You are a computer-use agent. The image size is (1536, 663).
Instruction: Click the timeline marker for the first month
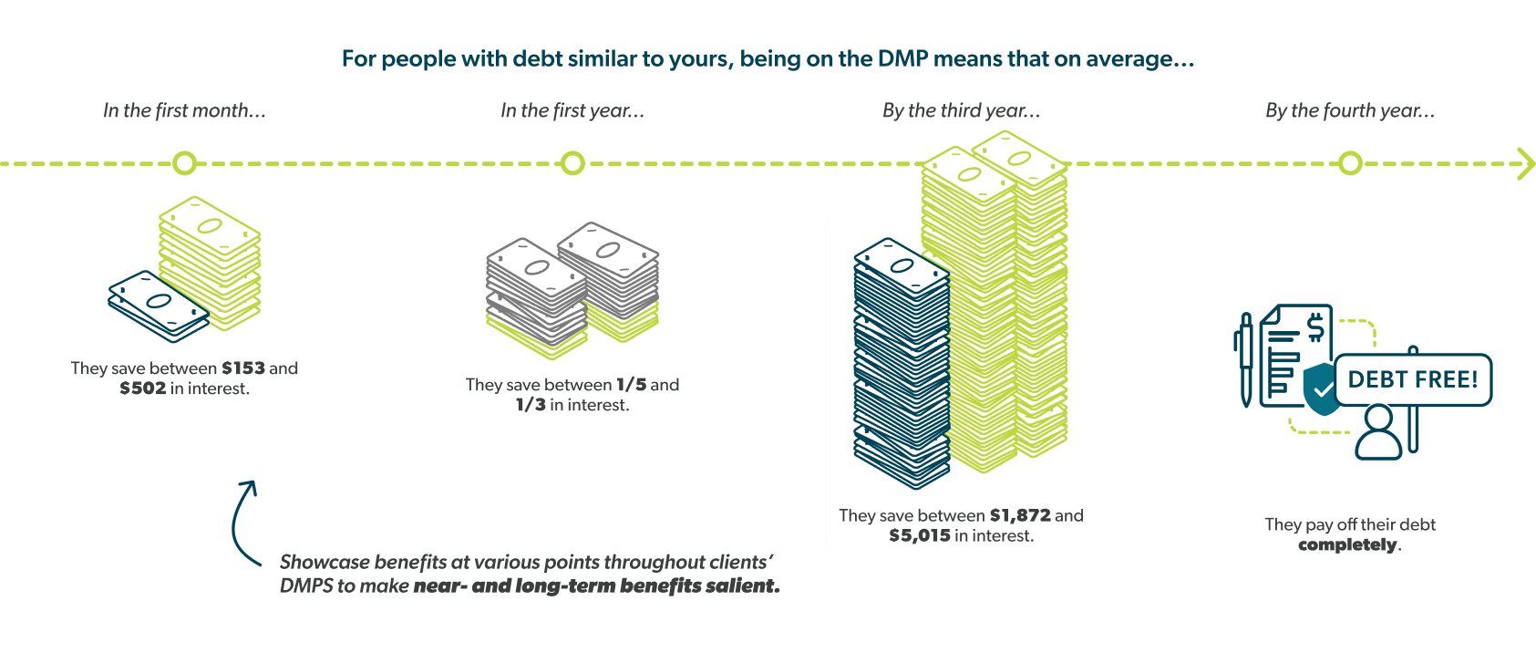(x=185, y=163)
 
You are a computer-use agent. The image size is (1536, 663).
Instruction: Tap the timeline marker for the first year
(x=572, y=163)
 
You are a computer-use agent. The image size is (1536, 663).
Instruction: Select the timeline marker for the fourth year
(x=1350, y=163)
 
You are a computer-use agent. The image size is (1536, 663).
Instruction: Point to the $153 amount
(x=242, y=368)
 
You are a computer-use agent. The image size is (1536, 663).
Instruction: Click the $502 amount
(x=143, y=388)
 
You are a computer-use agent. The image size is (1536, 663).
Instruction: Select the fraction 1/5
(x=631, y=385)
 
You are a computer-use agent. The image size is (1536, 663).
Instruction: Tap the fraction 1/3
(x=531, y=405)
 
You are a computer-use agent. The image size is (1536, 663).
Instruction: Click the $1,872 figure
(x=1020, y=515)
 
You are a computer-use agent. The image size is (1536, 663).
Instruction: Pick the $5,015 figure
(x=920, y=535)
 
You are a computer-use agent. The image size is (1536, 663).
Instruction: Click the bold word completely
(x=1347, y=544)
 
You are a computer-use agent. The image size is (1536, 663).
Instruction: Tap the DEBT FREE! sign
(x=1412, y=379)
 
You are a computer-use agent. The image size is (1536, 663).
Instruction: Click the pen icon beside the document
(x=1245, y=360)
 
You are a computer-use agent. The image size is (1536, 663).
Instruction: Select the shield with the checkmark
(x=1320, y=388)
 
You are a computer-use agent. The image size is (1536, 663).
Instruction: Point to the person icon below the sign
(x=1378, y=434)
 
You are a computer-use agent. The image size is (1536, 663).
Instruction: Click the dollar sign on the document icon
(x=1314, y=326)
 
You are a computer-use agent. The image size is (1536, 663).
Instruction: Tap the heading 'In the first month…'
(x=184, y=111)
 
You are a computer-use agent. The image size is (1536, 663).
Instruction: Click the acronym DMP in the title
(x=902, y=59)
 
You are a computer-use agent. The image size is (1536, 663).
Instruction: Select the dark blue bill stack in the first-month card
(x=157, y=307)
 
